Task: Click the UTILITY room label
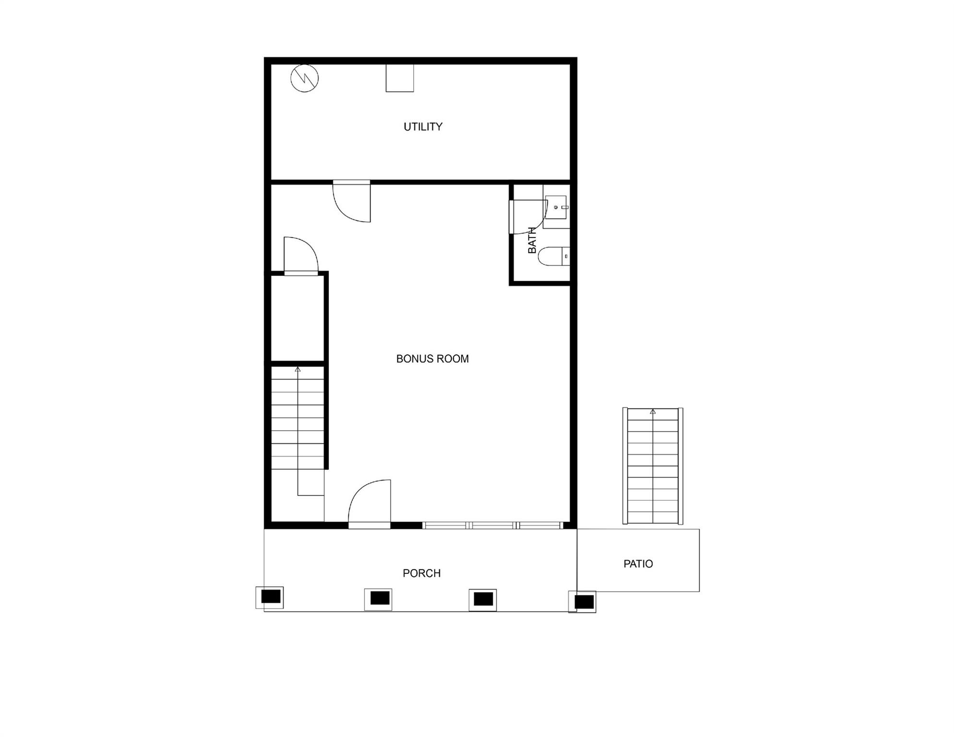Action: click(423, 127)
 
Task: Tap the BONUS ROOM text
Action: click(432, 359)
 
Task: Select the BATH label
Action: click(532, 240)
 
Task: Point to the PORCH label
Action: click(421, 573)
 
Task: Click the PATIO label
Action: click(638, 564)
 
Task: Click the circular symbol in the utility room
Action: click(305, 78)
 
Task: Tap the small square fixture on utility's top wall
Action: click(400, 78)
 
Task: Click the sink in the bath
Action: click(557, 207)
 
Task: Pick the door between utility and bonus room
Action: click(352, 202)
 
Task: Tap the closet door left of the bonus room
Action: click(301, 256)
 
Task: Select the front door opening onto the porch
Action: click(370, 504)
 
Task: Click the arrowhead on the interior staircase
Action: click(298, 369)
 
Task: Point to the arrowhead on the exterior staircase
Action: click(653, 412)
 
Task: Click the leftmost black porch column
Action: click(270, 596)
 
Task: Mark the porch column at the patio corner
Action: click(584, 602)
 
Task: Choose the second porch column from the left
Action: click(380, 598)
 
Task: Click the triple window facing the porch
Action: click(493, 525)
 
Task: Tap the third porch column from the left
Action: click(483, 599)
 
